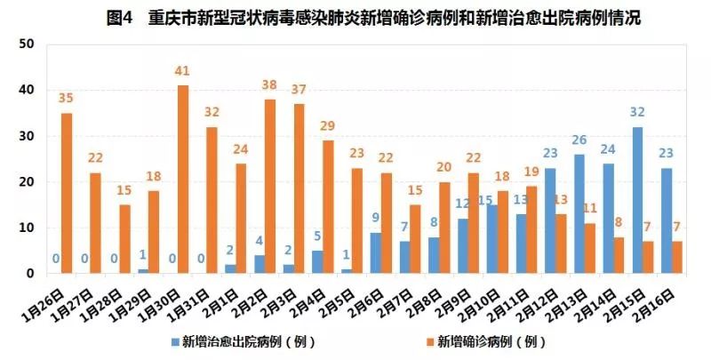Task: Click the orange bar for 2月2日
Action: pos(269,187)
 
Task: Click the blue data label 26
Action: pos(579,140)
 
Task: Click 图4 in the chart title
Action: pos(120,17)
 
